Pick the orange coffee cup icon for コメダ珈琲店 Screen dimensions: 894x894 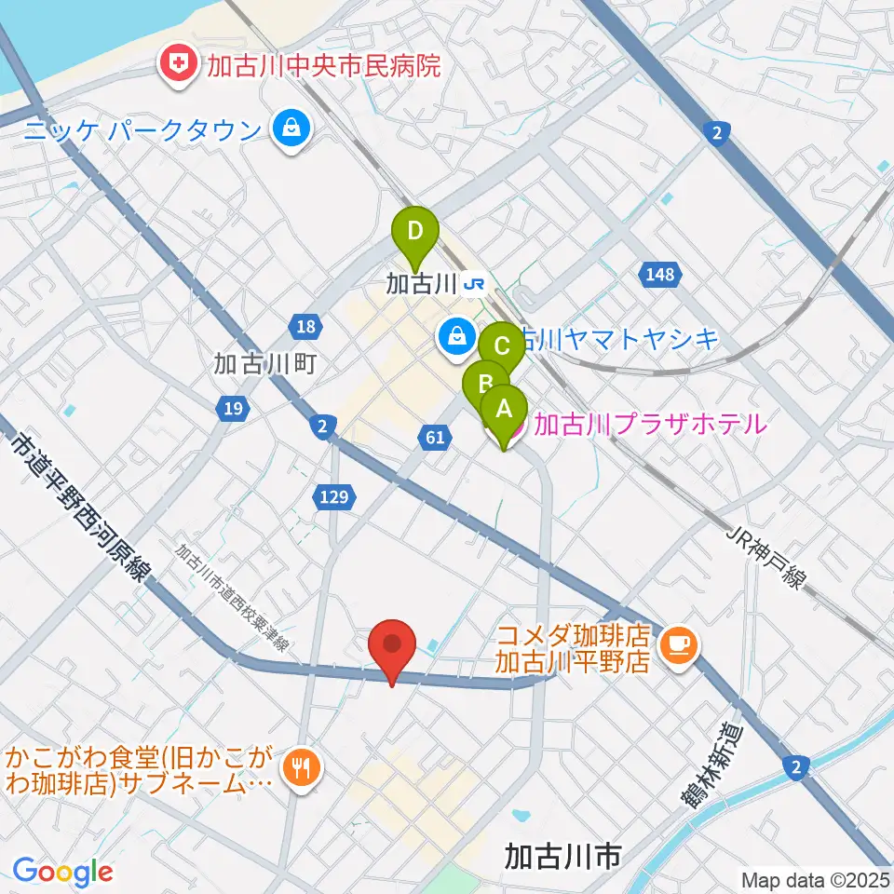(679, 643)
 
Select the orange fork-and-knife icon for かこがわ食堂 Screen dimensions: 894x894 (298, 768)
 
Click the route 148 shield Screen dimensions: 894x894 (657, 275)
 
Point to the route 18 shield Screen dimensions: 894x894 (306, 327)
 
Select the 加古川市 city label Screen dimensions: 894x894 (562, 855)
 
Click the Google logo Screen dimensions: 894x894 (62, 872)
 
